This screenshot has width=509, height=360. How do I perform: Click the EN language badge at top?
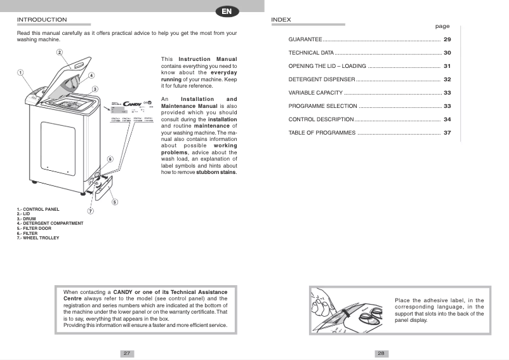[227, 11]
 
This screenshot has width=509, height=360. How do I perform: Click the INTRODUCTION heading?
[41, 20]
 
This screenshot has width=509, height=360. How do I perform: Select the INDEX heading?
[281, 20]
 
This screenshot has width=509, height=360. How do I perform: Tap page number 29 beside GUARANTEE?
[447, 39]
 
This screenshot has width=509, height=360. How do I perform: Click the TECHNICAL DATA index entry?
[311, 53]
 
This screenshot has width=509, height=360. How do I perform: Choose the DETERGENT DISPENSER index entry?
[321, 79]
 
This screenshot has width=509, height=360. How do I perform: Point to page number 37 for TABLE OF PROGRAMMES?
[447, 133]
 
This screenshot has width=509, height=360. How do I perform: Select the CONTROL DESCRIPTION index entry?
[321, 119]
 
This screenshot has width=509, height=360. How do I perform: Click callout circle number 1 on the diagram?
[20, 72]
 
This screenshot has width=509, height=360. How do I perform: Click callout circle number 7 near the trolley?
[90, 211]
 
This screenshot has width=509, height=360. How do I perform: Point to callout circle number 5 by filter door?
[115, 202]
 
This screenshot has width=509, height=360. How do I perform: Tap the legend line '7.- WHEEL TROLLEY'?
[38, 237]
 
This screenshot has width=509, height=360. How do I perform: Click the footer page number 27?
[127, 353]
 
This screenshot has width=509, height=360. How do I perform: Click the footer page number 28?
[381, 353]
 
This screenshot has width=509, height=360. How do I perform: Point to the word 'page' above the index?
[442, 27]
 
